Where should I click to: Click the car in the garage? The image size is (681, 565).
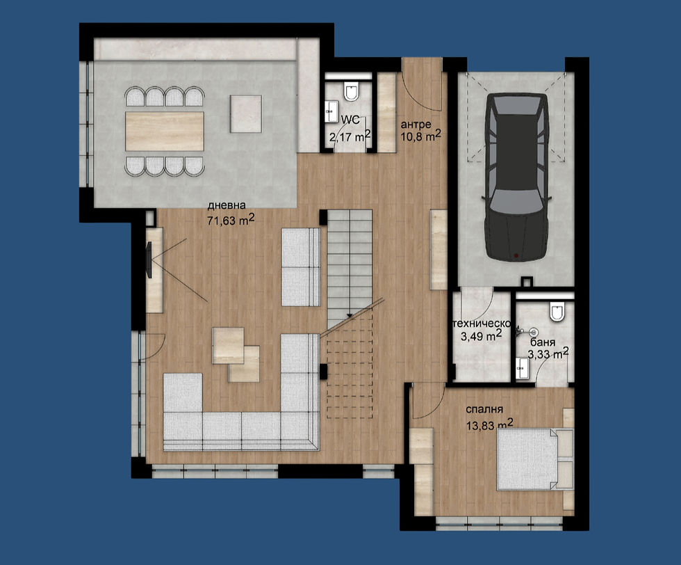(x=515, y=177)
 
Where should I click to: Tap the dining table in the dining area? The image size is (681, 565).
(x=165, y=132)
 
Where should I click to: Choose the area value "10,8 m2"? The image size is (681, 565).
(x=420, y=136)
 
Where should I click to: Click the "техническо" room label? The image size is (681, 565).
(x=482, y=324)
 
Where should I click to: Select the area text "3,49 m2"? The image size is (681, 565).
(x=482, y=337)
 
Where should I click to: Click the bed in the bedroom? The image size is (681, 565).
(x=530, y=459)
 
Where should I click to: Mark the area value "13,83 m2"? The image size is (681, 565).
(x=489, y=424)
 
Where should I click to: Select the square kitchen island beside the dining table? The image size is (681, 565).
(x=246, y=113)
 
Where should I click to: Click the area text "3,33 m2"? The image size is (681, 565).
(x=548, y=356)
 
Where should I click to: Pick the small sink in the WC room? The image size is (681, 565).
(x=328, y=109)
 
